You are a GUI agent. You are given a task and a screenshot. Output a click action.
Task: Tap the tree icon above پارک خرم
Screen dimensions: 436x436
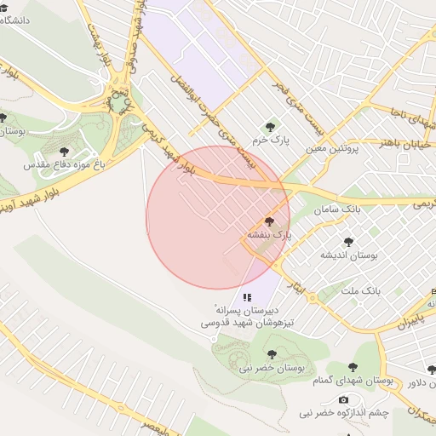[272, 126]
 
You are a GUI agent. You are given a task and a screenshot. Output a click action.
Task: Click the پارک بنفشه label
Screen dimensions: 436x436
[269, 233]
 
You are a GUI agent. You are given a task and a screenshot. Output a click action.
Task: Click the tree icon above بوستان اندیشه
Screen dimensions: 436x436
[347, 242]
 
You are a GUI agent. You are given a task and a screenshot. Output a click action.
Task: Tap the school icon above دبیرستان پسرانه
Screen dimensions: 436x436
[247, 297]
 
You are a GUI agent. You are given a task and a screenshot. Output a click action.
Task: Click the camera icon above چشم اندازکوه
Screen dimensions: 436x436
[343, 400]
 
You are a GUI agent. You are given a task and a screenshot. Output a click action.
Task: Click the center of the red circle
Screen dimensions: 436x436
[218, 218]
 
